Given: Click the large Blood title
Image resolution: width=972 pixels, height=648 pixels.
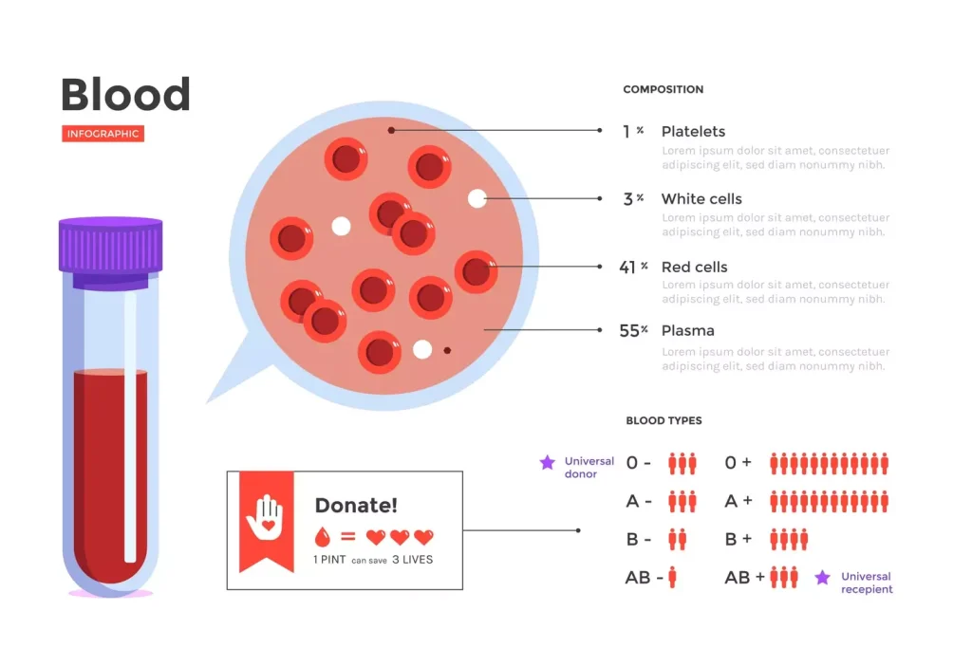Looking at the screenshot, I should (x=125, y=95).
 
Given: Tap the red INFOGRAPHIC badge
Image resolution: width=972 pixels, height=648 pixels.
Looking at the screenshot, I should (x=103, y=134).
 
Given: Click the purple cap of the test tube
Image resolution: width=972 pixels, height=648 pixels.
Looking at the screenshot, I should (x=110, y=245).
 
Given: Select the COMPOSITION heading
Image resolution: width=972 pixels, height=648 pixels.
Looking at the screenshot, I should (x=663, y=89).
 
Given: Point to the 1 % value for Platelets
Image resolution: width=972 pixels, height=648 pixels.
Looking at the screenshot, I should (x=632, y=131).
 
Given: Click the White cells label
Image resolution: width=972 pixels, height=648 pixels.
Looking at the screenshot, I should (x=701, y=199).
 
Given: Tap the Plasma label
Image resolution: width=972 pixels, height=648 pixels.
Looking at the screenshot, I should (x=687, y=331).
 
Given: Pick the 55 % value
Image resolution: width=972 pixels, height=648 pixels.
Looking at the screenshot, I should (x=633, y=331).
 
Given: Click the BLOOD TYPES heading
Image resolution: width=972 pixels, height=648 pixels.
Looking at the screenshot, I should (x=664, y=420).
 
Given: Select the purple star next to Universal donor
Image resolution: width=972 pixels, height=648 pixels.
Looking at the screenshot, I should (x=547, y=463).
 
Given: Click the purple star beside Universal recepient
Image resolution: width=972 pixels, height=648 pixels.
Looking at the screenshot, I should (x=822, y=577).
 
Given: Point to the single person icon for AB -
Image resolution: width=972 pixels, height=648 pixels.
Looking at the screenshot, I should (x=672, y=577).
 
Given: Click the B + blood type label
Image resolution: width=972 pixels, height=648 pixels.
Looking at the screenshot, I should (x=738, y=539).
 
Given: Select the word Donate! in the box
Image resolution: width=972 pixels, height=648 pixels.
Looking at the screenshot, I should (x=356, y=506).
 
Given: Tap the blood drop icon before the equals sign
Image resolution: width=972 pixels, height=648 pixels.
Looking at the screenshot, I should (x=323, y=537).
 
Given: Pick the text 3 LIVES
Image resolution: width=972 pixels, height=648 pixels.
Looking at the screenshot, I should (x=412, y=560).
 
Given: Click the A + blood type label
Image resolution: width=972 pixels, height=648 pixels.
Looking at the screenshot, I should (x=738, y=501).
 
